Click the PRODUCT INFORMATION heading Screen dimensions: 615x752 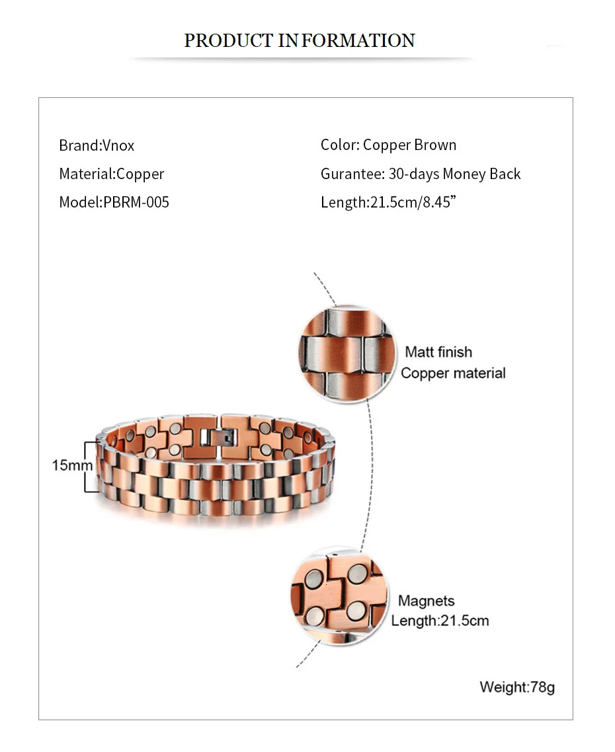click(x=299, y=40)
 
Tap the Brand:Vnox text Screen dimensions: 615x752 click(x=97, y=145)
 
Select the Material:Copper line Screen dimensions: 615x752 click(x=111, y=174)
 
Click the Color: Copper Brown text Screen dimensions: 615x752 click(x=388, y=145)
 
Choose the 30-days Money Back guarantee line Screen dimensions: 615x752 click(x=421, y=174)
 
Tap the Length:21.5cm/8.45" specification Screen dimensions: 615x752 click(x=389, y=202)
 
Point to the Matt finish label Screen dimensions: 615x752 click(x=438, y=352)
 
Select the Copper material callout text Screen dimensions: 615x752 click(x=453, y=373)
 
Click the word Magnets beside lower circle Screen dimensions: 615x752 click(x=427, y=601)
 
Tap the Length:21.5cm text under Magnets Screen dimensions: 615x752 click(x=440, y=621)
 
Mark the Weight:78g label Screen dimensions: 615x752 click(x=517, y=687)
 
